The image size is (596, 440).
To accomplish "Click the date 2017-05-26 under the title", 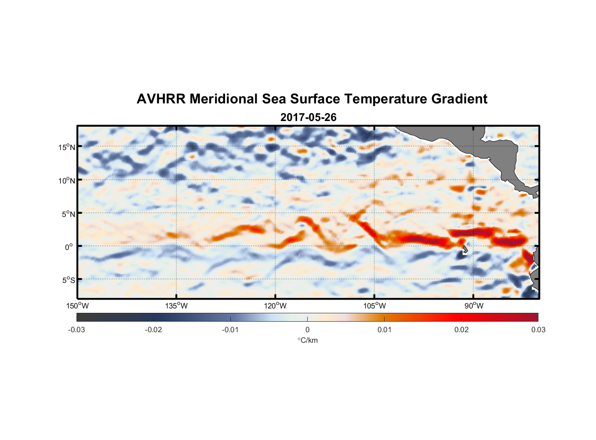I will (x=308, y=117).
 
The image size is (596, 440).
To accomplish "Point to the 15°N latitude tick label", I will (x=66, y=147).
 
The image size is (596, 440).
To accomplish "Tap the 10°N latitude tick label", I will (x=66, y=180).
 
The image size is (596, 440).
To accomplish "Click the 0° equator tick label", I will (x=69, y=247).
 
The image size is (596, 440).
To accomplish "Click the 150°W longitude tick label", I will (x=78, y=306).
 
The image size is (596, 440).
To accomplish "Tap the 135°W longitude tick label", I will (x=177, y=306).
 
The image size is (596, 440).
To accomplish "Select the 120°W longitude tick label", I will (x=276, y=306).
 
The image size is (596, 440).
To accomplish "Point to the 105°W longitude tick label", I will (x=374, y=306).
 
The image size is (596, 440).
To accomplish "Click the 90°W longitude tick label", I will (x=473, y=306).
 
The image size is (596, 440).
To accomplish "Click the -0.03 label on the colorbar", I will (x=76, y=330).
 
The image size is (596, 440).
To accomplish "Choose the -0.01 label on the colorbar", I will (x=230, y=330).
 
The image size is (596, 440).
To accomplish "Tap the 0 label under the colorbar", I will (x=307, y=330).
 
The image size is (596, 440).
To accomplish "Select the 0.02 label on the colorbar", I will (x=462, y=330).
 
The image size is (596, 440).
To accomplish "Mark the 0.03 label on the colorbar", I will (x=538, y=330).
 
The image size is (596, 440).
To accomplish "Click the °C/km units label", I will (x=307, y=340).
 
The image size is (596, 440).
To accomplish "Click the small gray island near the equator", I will (x=465, y=249).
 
